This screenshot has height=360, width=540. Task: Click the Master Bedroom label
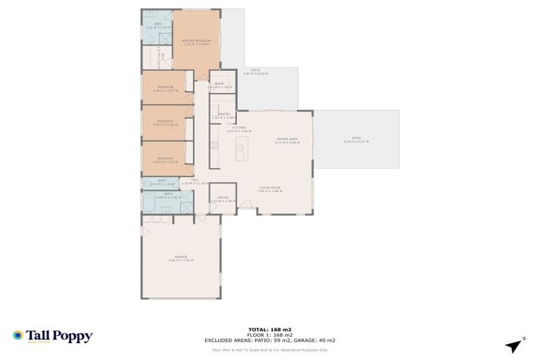click(x=196, y=42)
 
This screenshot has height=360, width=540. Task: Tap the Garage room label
click(x=181, y=259)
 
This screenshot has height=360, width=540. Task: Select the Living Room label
click(x=270, y=188)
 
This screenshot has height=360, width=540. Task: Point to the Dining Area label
click(x=287, y=141)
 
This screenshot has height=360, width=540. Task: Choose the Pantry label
click(x=224, y=115)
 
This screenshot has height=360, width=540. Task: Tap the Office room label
click(x=223, y=199)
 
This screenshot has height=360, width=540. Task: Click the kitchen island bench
click(x=240, y=148)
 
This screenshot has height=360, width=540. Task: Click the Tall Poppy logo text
click(x=59, y=336)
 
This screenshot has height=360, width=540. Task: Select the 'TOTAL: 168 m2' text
click(x=269, y=329)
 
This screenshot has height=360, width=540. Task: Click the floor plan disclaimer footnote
click(x=269, y=349)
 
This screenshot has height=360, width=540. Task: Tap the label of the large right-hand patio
click(x=356, y=141)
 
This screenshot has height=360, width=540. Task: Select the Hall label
click(x=195, y=181)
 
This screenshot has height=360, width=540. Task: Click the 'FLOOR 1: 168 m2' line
click(x=269, y=335)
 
